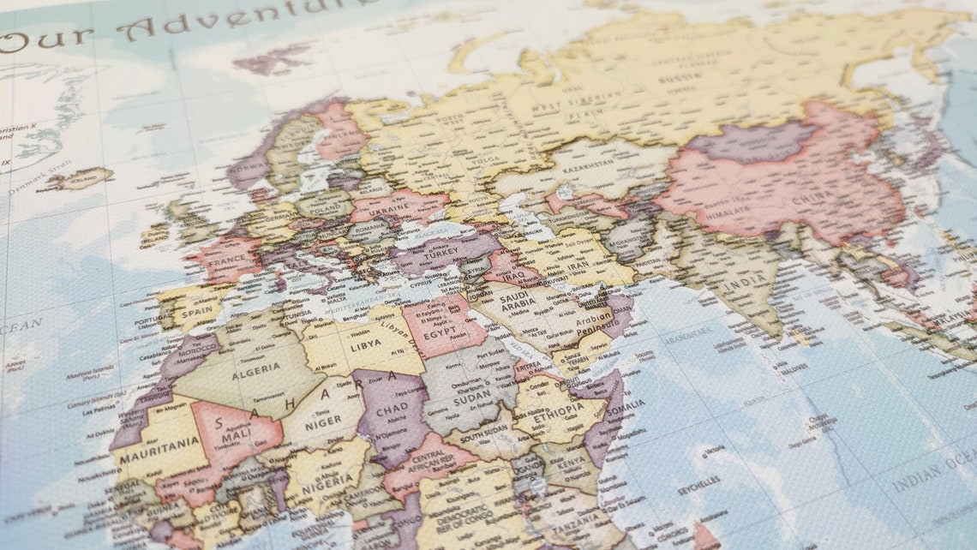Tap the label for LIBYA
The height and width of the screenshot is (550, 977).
[366, 344]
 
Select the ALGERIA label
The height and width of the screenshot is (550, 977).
[255, 369]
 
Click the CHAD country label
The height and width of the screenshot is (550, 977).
[393, 410]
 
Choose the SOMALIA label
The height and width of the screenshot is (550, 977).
[626, 405]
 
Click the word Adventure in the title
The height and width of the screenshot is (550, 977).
[249, 15]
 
